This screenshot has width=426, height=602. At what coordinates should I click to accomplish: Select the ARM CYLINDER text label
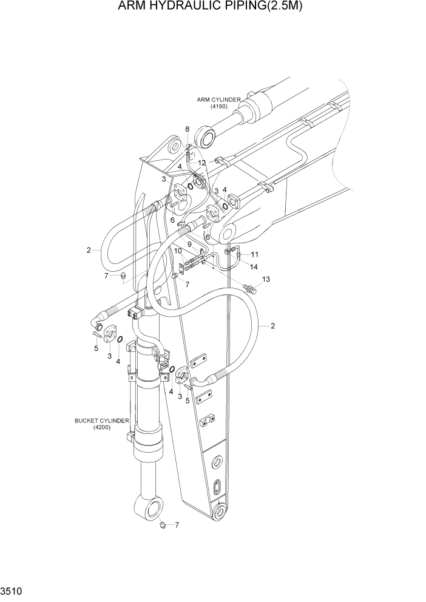218,100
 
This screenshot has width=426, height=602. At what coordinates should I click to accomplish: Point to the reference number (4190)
218,107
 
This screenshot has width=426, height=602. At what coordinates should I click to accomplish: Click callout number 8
188,129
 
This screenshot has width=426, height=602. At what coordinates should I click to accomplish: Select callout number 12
201,163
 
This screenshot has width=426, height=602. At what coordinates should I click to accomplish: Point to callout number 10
178,251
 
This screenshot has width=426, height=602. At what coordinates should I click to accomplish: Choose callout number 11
255,254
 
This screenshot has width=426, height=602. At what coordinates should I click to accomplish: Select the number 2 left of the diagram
89,249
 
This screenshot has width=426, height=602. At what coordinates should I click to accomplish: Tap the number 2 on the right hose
273,326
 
